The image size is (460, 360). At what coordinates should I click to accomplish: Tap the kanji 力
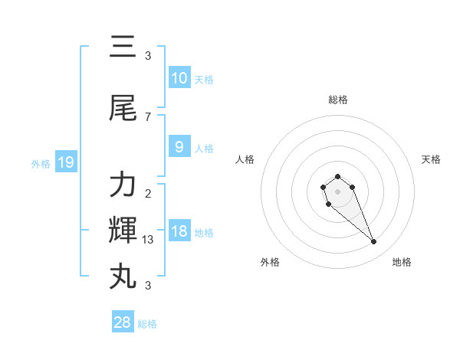123,185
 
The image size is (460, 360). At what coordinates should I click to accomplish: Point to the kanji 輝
123,230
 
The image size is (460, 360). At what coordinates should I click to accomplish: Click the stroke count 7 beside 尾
148,116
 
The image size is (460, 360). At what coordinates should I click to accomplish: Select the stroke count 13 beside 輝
149,239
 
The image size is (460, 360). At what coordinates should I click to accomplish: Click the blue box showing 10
179,77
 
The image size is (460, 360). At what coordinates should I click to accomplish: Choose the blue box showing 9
179,146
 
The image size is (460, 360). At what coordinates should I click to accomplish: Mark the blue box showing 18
179,231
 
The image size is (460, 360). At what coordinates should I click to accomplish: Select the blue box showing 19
65,162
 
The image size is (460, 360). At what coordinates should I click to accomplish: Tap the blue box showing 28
122,322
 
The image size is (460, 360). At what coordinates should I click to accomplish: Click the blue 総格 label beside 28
147,324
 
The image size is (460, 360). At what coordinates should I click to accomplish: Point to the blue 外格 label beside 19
41,163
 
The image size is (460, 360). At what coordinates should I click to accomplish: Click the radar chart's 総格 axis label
337,100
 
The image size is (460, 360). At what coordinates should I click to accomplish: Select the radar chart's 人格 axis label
245,159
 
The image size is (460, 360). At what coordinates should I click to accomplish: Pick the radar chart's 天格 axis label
431,159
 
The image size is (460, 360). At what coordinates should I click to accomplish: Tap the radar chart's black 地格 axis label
402,262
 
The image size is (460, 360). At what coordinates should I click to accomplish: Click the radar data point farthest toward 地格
374,242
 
